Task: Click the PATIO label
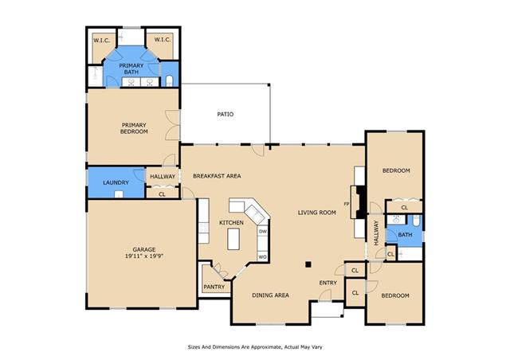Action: pos(225,114)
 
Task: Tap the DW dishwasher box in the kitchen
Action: pos(263,232)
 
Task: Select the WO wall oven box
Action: pos(262,257)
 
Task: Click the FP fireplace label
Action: pos(347,204)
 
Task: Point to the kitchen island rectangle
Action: pos(233,239)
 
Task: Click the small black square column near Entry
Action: pos(308,264)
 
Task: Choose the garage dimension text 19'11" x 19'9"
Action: pos(143,256)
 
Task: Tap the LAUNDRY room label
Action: pos(116,182)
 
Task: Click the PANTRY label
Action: pos(214,287)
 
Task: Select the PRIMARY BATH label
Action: pos(131,68)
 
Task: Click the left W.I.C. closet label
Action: pos(101,41)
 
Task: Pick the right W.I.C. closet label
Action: pos(163,40)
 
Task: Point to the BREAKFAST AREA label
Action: pos(217,176)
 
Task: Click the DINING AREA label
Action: pos(271,295)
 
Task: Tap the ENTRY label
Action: pos(328,283)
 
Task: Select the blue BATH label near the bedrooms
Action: pos(405,234)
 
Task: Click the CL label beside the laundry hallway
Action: pos(162,194)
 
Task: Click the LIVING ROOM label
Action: pos(317,213)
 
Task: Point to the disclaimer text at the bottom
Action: pos(255,347)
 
